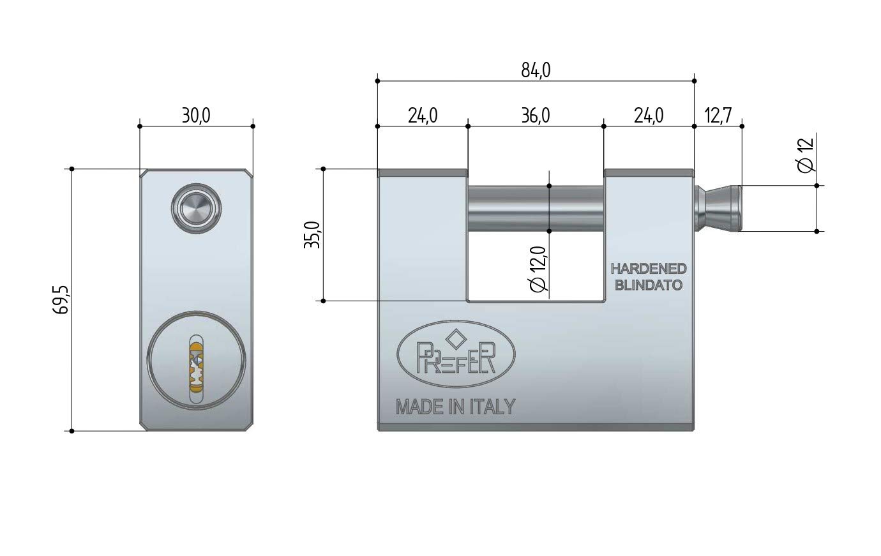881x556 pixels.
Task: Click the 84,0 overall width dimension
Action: (x=536, y=71)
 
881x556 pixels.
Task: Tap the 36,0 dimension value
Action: (x=536, y=116)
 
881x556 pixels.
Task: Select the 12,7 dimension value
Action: (x=718, y=116)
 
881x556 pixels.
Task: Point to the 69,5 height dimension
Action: (x=61, y=299)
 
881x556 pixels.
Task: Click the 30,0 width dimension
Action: (x=196, y=116)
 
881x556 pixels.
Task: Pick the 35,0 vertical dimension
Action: (x=313, y=235)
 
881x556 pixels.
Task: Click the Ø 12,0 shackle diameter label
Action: (x=538, y=269)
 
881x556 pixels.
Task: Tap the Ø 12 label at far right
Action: (x=806, y=155)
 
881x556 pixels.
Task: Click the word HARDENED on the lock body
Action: (x=648, y=269)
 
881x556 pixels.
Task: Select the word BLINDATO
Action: (x=648, y=285)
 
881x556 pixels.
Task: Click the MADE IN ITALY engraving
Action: (x=455, y=407)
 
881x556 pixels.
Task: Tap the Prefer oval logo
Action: (x=456, y=354)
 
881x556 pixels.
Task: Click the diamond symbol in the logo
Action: (x=457, y=339)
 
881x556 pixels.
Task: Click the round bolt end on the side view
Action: (x=196, y=209)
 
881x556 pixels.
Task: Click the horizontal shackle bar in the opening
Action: (x=536, y=209)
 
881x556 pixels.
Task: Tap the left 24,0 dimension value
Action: (x=423, y=116)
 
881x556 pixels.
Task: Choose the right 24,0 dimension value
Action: (x=649, y=116)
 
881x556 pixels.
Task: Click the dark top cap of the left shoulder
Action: (x=423, y=173)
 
